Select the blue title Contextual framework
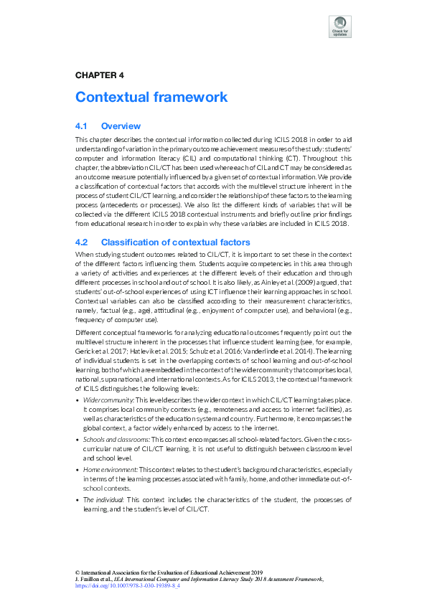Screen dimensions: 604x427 [x=151, y=97]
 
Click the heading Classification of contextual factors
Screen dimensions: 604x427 [x=176, y=242]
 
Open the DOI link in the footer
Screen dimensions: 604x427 [x=127, y=585]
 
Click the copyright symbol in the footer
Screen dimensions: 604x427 [x=77, y=572]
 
